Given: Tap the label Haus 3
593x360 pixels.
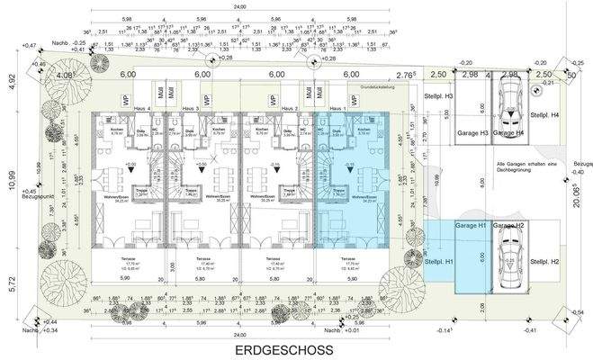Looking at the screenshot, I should click(x=190, y=108).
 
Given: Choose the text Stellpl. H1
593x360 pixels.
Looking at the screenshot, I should click(x=437, y=261).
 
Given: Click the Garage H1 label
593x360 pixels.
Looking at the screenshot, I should click(x=471, y=225).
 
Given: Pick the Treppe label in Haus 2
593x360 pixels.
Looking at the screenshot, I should click(x=290, y=189).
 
